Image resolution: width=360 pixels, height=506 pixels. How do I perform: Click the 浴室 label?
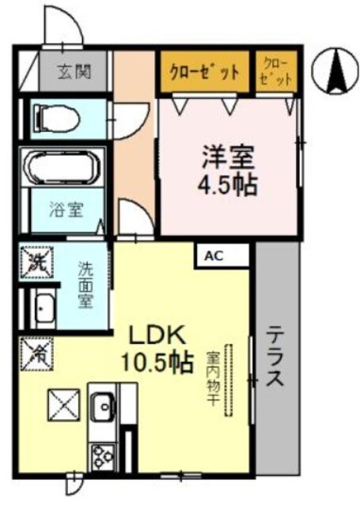[x=65, y=211]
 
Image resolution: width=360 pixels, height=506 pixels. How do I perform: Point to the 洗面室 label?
[x=85, y=285]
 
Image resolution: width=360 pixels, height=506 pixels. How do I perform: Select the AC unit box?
[x=214, y=255]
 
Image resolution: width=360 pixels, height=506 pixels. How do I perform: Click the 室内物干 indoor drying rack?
[x=229, y=380]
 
